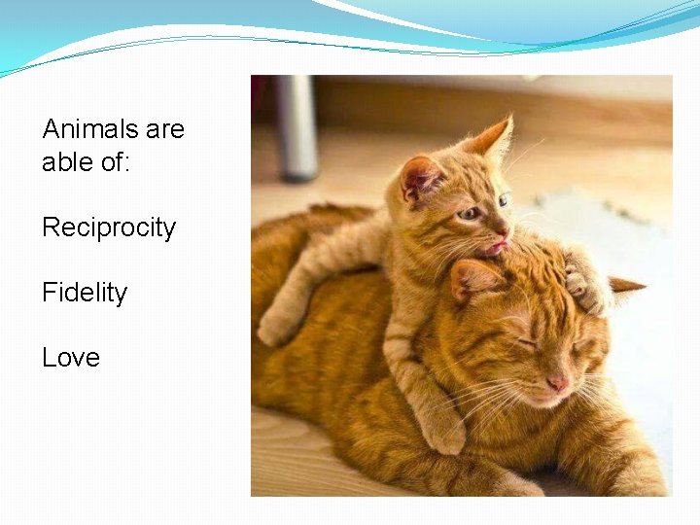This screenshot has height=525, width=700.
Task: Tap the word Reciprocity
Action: [x=109, y=227]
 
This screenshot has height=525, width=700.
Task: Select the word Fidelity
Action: [x=85, y=293]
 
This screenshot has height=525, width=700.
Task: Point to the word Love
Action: [x=71, y=358]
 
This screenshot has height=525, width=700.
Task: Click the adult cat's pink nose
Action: [x=557, y=383]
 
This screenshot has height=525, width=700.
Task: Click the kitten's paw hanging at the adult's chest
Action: [x=442, y=433]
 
